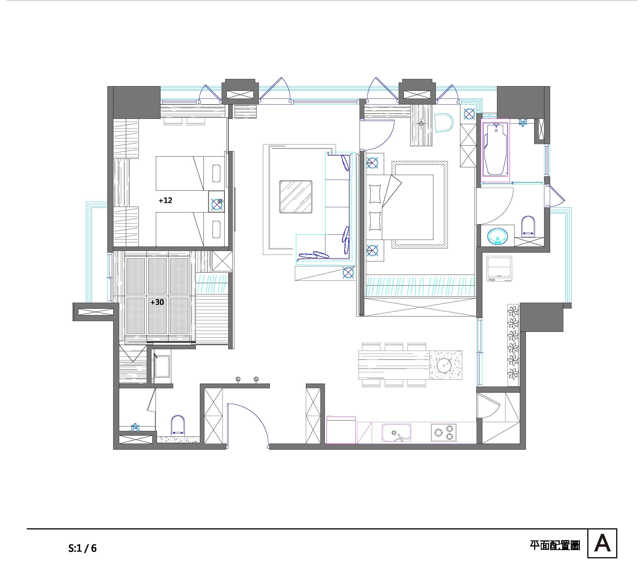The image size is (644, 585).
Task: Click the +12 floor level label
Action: [x=165, y=200]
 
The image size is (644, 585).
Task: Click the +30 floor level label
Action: [x=157, y=302]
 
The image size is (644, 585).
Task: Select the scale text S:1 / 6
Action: [x=82, y=548]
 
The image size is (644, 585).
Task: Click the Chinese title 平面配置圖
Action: [x=555, y=545]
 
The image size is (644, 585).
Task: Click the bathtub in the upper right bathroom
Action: [x=495, y=149]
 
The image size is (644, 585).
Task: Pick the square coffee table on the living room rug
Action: [x=296, y=197]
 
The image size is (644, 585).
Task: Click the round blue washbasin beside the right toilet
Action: [x=497, y=236]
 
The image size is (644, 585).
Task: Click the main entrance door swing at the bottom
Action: [x=252, y=418]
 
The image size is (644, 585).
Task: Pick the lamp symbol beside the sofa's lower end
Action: [x=348, y=273]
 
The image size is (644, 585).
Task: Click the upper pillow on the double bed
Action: [x=375, y=194]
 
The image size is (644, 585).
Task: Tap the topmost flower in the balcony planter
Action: [x=514, y=311]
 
